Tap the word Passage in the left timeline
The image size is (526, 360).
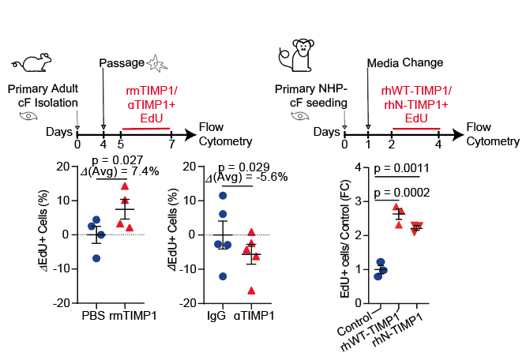124,62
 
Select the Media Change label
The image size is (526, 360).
405,62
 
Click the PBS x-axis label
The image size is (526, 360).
94,316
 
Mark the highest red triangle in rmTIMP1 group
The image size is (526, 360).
124,186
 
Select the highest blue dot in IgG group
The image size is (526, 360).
223,195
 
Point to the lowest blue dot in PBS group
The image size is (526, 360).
96,258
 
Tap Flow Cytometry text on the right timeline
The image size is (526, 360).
493,134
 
